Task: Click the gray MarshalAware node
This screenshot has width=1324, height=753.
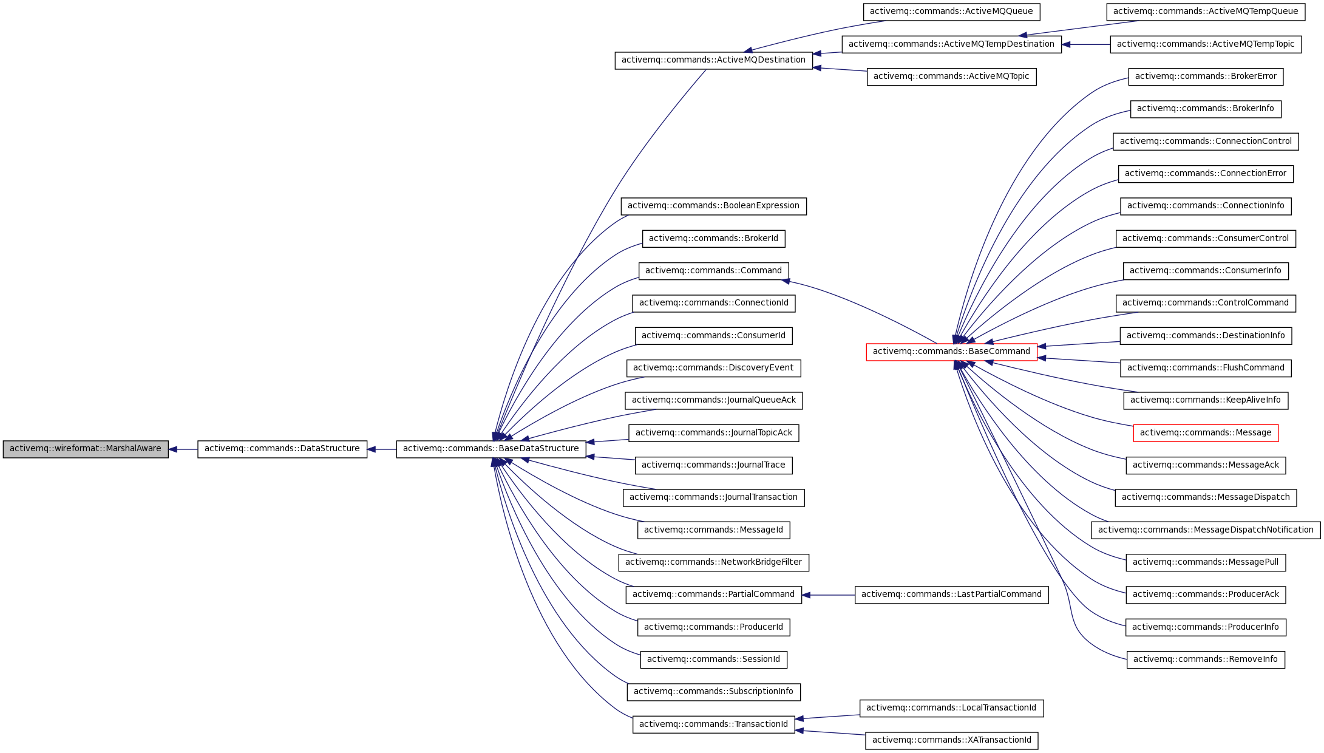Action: pos(86,449)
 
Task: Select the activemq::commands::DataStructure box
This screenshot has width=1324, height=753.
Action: pos(282,449)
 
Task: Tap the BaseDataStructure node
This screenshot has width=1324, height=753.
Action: pos(491,449)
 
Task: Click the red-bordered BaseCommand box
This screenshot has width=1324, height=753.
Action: pos(951,352)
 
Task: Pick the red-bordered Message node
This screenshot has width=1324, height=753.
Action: pos(1205,433)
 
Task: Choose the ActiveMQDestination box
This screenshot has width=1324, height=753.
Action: pos(713,60)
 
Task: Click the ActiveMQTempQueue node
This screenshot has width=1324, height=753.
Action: pos(1205,12)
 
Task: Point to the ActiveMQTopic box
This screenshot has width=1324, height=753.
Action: pos(951,77)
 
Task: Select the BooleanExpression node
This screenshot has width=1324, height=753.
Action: pos(713,206)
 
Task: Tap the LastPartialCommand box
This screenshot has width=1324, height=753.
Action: pos(951,595)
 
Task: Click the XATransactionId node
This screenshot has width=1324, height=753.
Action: pos(951,740)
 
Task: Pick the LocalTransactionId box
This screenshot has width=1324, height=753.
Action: pos(951,708)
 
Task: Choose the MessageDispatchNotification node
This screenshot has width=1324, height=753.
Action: pos(1205,530)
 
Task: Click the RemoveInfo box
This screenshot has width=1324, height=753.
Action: pos(1205,659)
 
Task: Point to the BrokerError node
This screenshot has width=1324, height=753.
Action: pos(1205,77)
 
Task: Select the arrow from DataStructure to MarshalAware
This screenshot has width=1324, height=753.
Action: pos(183,449)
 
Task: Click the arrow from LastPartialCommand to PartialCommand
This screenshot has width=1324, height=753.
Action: pos(828,595)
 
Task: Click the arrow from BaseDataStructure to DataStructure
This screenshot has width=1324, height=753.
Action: pos(381,449)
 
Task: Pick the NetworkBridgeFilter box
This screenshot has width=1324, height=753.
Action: pos(713,562)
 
